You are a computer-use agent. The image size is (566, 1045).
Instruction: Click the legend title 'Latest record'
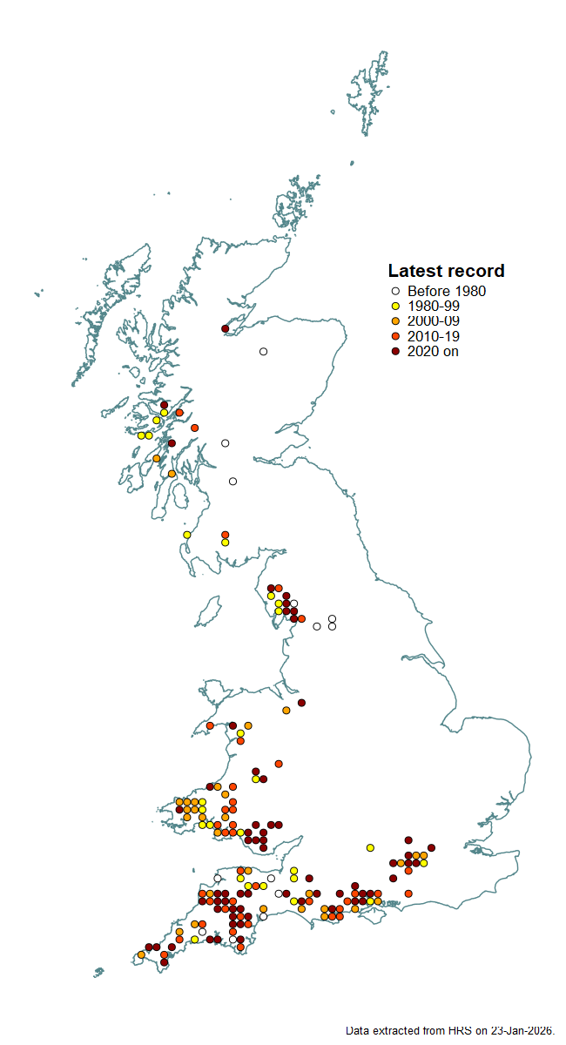446,271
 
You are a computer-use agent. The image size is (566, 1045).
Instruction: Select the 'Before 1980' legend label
447,292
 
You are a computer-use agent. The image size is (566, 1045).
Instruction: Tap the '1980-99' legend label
434,307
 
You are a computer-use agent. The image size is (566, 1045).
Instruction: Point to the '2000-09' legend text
434,321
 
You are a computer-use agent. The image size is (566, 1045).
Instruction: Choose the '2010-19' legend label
434,336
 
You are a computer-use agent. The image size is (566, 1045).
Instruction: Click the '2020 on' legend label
433,351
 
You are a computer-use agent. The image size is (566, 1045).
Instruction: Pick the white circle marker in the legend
395,292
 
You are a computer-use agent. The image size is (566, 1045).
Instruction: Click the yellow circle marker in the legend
395,307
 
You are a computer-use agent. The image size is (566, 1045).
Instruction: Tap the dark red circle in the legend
395,351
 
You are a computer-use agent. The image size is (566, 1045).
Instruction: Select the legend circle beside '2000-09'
395,321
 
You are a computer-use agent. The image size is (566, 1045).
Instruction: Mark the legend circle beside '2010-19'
395,336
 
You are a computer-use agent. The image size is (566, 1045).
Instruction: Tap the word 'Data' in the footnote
357,1030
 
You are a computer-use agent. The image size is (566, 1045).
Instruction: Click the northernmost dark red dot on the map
225,328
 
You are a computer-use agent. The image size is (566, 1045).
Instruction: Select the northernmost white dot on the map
263,352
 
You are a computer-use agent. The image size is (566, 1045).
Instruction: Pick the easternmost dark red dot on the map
431,847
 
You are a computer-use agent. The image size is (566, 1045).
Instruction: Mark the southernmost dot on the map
164,962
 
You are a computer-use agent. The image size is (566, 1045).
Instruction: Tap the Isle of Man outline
208,612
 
